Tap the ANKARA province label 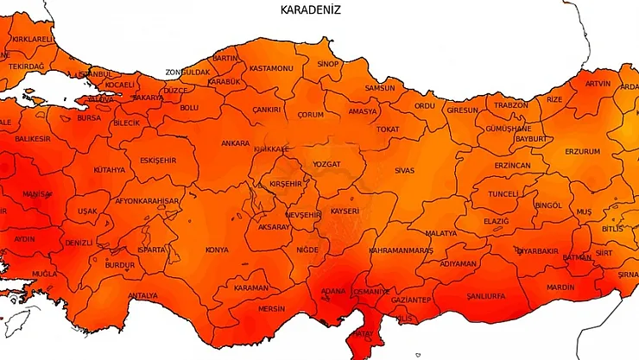pos(235,143)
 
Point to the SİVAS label pos(404,170)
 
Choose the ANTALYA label pos(142,295)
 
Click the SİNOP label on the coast pos(328,64)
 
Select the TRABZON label pos(510,104)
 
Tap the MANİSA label pos(37,193)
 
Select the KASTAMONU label pos(271,68)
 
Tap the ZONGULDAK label pos(188,73)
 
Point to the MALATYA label pos(440,233)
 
